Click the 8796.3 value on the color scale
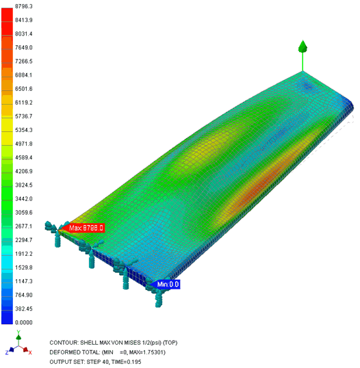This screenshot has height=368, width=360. (x=24, y=6)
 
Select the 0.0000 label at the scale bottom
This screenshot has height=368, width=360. (x=24, y=322)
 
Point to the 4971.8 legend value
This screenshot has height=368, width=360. (x=24, y=144)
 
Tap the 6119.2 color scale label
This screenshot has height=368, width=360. (x=24, y=103)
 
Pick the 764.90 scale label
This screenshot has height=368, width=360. (x=24, y=295)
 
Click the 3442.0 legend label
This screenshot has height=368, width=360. (x=24, y=199)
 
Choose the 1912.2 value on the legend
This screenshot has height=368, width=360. (x=24, y=254)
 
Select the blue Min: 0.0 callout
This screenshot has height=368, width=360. (x=165, y=285)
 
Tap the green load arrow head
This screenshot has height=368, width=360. (x=303, y=47)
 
